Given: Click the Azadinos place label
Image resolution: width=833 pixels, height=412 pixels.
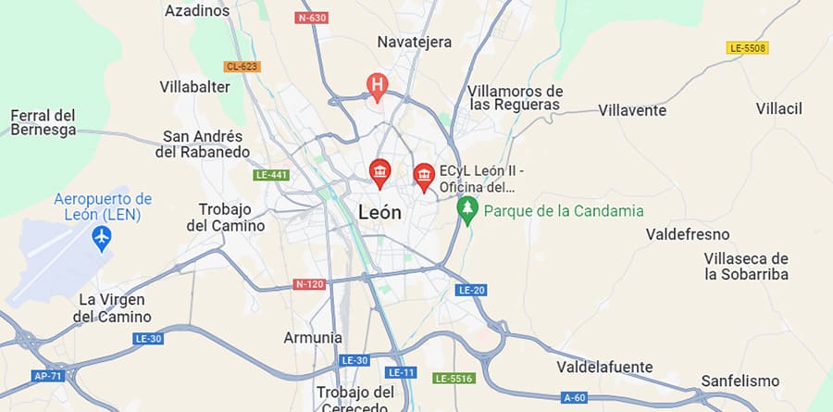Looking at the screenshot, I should [x=196, y=11].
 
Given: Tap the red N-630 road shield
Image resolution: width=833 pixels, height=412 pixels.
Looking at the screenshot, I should [x=312, y=18].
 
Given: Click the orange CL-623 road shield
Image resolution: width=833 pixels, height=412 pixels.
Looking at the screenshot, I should [x=242, y=67].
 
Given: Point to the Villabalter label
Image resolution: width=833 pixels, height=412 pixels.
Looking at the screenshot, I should [x=194, y=87].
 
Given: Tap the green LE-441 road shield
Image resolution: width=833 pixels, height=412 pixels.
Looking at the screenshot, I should [x=270, y=175].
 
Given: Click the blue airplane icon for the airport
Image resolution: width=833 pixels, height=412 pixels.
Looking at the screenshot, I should [x=102, y=239].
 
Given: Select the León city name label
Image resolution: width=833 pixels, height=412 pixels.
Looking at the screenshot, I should [x=379, y=212].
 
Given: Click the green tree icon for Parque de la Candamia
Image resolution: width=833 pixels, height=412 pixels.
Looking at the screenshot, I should [x=468, y=209].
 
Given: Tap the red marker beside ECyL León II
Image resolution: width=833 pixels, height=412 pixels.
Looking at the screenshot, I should [x=424, y=175].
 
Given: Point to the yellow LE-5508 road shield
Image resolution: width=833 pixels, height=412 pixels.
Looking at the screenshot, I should [x=748, y=47].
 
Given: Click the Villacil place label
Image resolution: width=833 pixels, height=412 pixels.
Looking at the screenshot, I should [x=778, y=109].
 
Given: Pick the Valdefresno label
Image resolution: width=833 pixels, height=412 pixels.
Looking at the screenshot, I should [x=688, y=234].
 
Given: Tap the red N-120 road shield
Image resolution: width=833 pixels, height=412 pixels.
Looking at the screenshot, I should [x=309, y=283].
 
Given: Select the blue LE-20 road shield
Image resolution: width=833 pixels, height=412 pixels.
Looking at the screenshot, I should [x=470, y=291].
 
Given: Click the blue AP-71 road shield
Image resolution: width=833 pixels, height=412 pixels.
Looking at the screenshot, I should [x=46, y=377].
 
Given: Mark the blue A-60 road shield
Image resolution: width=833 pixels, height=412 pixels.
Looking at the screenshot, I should [x=574, y=398].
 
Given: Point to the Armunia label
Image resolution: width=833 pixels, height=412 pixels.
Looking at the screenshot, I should [x=313, y=338].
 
